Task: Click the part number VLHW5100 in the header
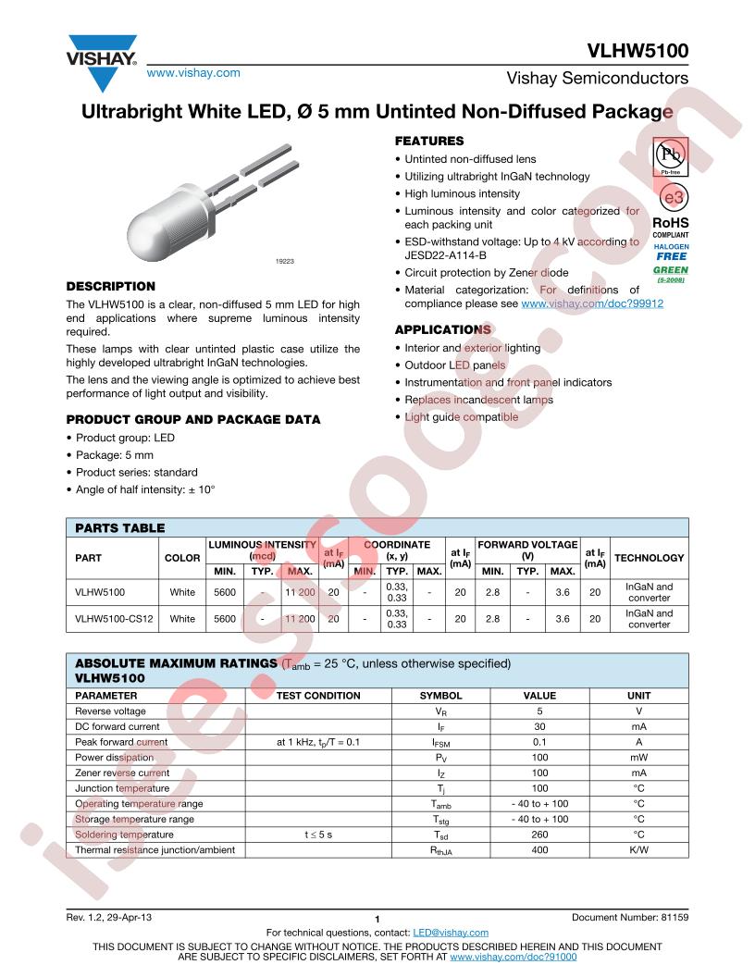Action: [637, 52]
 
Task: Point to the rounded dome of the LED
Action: [148, 229]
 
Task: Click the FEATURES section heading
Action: [429, 142]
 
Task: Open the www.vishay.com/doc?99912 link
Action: [592, 303]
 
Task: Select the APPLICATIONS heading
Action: [443, 329]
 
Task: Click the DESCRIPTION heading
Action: [111, 286]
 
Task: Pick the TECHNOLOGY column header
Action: [649, 558]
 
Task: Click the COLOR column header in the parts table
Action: [181, 558]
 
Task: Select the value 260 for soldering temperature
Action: [539, 835]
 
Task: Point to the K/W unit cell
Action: [639, 849]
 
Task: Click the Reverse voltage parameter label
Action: [110, 711]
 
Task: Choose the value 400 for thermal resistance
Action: [539, 849]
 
